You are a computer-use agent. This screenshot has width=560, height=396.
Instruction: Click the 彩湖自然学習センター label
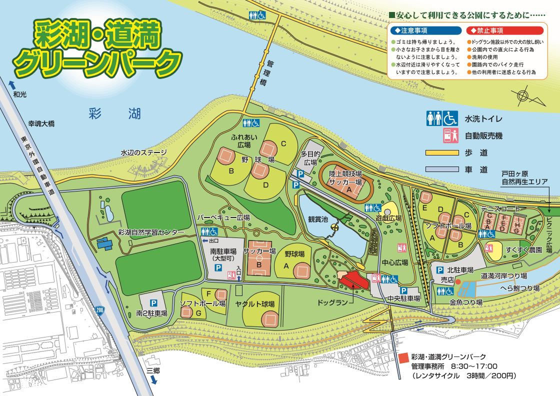(x=151, y=232)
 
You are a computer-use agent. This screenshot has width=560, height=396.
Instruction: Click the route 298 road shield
(x=100, y=310)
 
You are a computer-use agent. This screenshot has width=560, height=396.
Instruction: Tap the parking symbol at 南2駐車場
(x=153, y=302)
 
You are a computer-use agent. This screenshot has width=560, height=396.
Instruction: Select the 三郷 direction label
(x=153, y=370)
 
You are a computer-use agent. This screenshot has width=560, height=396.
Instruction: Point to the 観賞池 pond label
(x=318, y=219)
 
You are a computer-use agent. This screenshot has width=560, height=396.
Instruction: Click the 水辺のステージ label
(x=143, y=152)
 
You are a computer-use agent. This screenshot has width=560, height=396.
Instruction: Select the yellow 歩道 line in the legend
(x=442, y=152)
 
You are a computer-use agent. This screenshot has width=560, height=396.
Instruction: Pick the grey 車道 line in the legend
(x=442, y=169)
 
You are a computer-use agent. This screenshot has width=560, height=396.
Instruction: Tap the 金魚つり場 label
(x=465, y=302)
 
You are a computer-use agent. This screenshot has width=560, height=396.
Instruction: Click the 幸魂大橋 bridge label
(x=40, y=123)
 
